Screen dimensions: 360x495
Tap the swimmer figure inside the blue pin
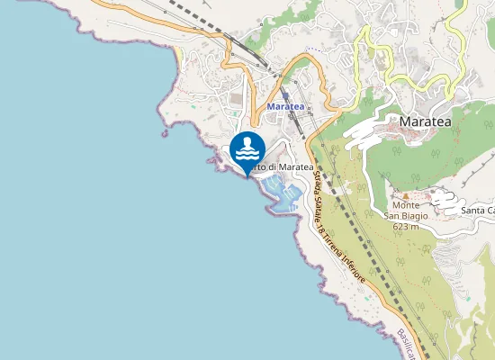click(247, 147)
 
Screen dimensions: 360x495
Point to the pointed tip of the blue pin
click(247, 176)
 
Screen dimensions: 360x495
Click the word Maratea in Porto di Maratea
click(295, 167)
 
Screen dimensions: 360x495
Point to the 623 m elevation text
click(407, 226)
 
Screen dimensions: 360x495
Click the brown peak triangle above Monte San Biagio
click(406, 195)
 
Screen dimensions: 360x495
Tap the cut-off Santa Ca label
click(477, 211)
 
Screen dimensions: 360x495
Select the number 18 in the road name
click(327, 232)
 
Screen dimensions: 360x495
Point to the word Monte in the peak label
click(406, 205)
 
